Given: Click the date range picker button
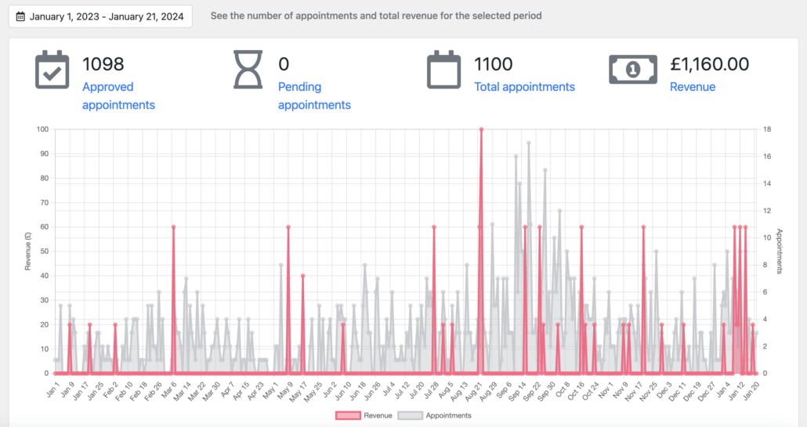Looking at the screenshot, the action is pos(100,16).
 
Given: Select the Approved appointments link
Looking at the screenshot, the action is pos(118,96).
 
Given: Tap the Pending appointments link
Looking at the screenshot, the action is pos(314,96).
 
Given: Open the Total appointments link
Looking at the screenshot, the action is pos(524,87).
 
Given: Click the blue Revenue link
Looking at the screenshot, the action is pos(693,87).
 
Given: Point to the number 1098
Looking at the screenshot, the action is pos(103,64).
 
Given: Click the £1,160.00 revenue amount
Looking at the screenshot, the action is pos(709,64).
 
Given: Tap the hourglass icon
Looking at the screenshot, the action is pos(248,70).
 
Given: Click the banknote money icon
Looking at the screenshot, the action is pos(633,70).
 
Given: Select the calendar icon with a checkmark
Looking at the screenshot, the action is pos(52,70).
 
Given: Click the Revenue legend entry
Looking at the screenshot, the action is pos(364,416).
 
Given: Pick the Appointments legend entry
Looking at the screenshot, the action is pos(435,416).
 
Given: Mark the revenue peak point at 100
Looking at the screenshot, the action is pos(481,129).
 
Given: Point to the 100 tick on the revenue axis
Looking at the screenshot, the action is pos(43,129).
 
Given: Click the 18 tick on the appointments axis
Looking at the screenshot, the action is pos(767,129).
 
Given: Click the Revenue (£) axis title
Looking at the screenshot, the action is pos(27,251).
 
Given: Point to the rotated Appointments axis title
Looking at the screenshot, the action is pos(780,251).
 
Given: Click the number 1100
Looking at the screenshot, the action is pos(493,64).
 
